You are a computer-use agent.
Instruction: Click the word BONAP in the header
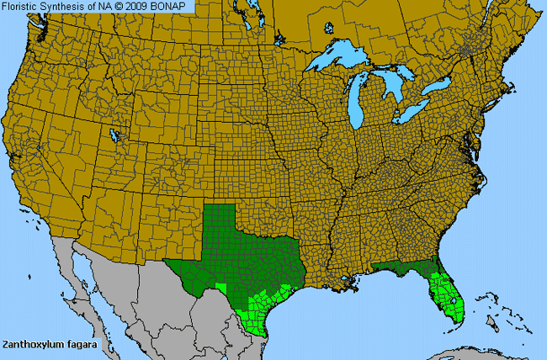pyautogui.click(x=174, y=7)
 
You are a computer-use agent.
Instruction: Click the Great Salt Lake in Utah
pyautogui.click(x=114, y=134)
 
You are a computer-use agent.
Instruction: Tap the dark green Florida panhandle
pyautogui.click(x=396, y=267)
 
